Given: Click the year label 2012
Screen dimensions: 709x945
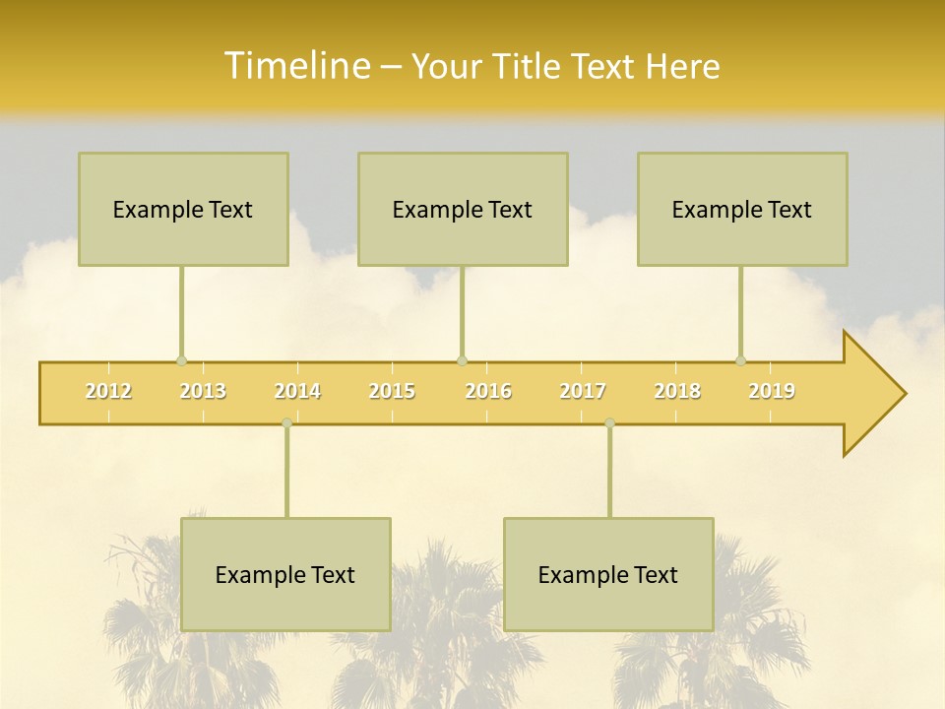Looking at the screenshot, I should coord(108,391).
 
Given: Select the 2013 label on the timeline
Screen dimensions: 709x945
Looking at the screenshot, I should coord(203,391).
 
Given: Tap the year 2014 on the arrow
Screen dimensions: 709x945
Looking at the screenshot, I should coord(297,391).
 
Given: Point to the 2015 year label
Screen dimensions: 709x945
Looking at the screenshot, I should coord(392,391).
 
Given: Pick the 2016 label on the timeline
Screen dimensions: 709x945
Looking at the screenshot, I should coord(488,391).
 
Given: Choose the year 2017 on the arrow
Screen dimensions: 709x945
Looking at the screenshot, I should coord(583,391).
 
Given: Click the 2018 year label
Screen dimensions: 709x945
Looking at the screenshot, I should coord(677,391).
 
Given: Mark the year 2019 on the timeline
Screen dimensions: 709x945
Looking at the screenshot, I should coord(772,391).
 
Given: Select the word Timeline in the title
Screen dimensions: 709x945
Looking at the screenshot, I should coord(295,66).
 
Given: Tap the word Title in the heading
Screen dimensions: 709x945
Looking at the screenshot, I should coord(527,67).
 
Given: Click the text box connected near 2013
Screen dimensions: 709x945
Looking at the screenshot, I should coord(183,209).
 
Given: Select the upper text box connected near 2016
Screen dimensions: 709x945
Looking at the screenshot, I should coord(463,209).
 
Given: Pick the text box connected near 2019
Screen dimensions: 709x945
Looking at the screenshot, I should coord(742,209).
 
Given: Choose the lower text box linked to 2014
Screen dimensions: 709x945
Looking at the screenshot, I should coord(285,574).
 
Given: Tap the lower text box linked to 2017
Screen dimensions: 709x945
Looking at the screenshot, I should coord(608,574).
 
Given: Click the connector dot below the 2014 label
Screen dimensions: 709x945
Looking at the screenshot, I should coord(286,422).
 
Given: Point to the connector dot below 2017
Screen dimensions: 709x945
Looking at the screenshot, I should coord(609,422).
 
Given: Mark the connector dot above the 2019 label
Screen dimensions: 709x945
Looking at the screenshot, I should coord(741,360).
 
